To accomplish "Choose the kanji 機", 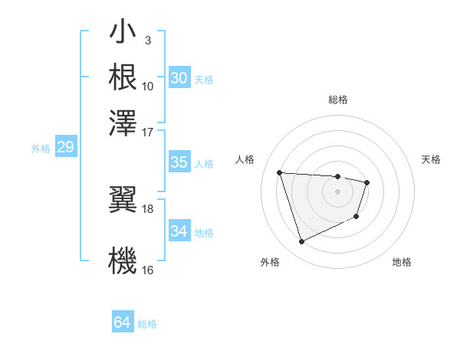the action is click(123, 259).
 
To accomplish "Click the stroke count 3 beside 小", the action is click(147, 40).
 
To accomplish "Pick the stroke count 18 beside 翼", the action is click(148, 208).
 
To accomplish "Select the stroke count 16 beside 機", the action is click(148, 270).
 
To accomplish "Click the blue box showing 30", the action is click(179, 78).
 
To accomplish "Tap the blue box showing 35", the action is click(179, 162).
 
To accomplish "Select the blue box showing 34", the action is click(179, 231).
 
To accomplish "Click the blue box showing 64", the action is click(122, 322).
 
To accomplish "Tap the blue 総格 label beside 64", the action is click(147, 324).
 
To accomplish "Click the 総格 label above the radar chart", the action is click(337, 100).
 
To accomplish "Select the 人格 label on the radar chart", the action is click(245, 159).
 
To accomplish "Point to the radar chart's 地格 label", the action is click(402, 262).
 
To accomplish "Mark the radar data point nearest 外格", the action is click(301, 242).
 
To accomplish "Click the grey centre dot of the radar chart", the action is click(337, 191).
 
